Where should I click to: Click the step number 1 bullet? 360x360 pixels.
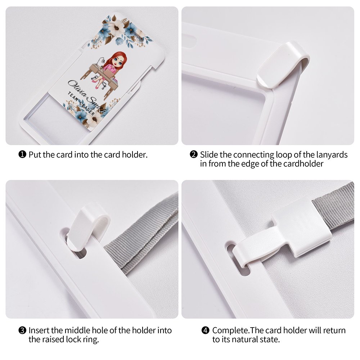tap(22, 154)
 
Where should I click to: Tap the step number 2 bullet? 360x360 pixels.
tap(194, 154)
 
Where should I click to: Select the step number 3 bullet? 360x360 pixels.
tap(22, 330)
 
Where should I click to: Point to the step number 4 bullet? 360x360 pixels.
tap(206, 330)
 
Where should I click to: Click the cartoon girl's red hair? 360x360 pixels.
tap(120, 59)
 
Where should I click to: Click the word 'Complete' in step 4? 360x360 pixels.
tap(230, 330)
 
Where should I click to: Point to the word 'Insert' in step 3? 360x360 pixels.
tap(39, 330)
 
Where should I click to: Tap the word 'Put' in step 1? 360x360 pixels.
tap(35, 155)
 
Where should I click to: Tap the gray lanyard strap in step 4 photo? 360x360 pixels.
tap(334, 206)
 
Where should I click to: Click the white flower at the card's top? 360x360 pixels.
tap(116, 27)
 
